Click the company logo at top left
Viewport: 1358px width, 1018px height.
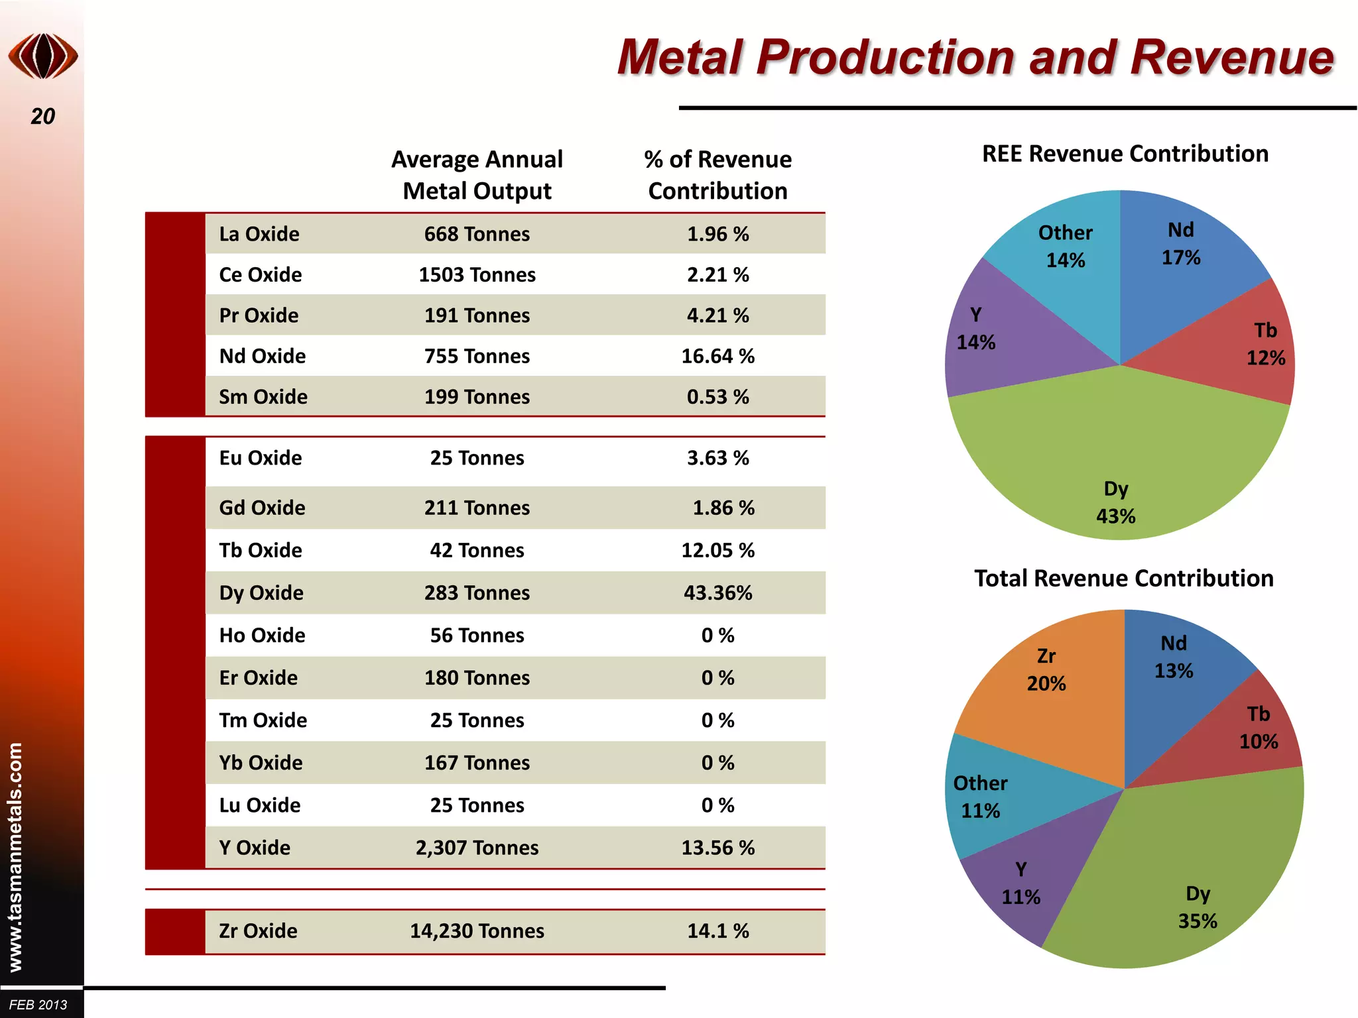(x=43, y=56)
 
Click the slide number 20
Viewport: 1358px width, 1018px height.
(x=43, y=117)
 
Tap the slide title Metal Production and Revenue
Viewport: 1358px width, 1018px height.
(x=975, y=58)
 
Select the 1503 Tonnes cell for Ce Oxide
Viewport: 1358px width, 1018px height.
(x=477, y=275)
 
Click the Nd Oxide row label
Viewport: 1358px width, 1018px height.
(x=263, y=357)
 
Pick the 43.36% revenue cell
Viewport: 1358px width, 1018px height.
(x=717, y=593)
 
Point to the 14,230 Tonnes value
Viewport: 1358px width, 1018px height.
(x=477, y=931)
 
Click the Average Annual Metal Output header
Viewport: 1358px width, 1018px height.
(x=477, y=175)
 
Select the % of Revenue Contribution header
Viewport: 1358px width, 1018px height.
(x=717, y=175)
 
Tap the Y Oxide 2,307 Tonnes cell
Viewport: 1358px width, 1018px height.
(x=477, y=848)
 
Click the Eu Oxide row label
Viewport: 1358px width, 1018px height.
(x=261, y=458)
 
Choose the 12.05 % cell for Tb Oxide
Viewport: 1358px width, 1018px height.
(x=717, y=550)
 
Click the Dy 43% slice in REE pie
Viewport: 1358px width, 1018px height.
(x=1117, y=464)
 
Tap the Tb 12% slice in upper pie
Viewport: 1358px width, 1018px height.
(x=1247, y=345)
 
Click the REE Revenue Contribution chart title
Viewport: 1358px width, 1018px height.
(x=1125, y=154)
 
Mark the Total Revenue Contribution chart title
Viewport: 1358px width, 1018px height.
(x=1123, y=579)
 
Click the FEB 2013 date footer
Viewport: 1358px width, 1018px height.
(x=38, y=1005)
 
